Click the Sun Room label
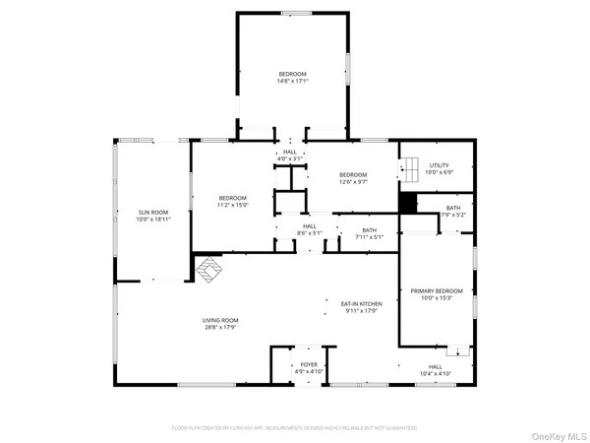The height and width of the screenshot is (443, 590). coord(155,212)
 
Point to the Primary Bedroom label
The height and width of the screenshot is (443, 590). coord(436,291)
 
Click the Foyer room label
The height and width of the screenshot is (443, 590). coord(309,364)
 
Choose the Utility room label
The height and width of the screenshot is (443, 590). coord(439,165)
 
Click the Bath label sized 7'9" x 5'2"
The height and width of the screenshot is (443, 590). coord(452,208)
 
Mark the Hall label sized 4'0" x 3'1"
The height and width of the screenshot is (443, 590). coord(290,152)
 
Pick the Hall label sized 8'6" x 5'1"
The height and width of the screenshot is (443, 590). coord(310,226)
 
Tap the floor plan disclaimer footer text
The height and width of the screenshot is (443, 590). coord(295,428)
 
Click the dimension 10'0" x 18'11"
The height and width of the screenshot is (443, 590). coord(155,219)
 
